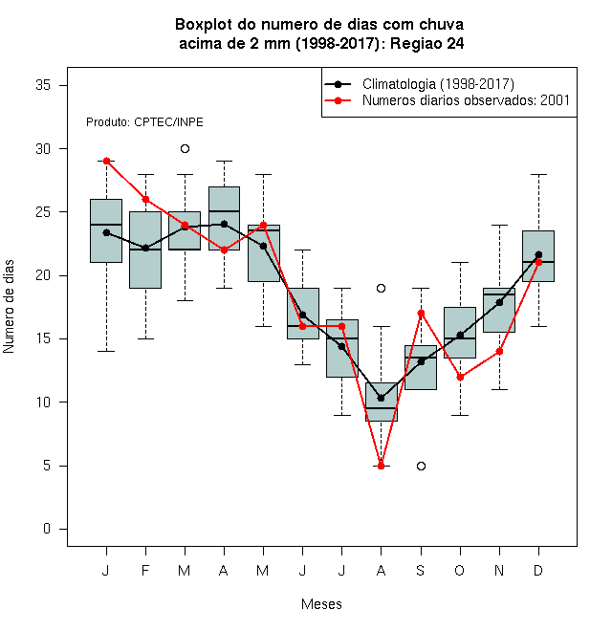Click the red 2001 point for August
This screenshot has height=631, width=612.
[x=381, y=466]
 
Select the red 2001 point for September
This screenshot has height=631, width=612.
[x=421, y=313]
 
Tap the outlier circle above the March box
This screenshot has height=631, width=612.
[x=185, y=149]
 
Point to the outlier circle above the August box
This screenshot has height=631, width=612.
[x=381, y=288]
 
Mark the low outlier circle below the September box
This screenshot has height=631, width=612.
[x=421, y=466]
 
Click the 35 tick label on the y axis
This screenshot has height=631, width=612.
[x=43, y=85]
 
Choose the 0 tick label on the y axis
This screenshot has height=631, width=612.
[x=47, y=529]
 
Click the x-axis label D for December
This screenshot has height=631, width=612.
[x=538, y=571]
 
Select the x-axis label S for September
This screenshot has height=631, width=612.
[x=421, y=571]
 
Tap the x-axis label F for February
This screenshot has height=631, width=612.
[x=145, y=571]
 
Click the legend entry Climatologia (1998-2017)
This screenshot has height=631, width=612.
[x=419, y=84]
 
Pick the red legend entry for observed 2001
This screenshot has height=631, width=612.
[x=447, y=100]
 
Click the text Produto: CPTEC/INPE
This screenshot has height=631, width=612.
[x=144, y=122]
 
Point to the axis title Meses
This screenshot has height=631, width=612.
[x=321, y=604]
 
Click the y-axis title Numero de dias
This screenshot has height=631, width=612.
[x=9, y=307]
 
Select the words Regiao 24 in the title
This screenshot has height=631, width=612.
[x=426, y=43]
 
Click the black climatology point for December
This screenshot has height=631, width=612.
[x=538, y=254]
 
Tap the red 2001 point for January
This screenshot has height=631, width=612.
[x=106, y=161]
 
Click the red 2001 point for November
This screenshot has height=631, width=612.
[x=499, y=351]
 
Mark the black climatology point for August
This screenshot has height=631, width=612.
[x=381, y=399]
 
